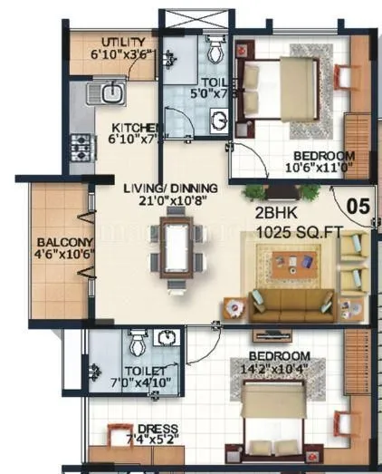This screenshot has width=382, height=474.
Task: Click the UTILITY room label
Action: (x=122, y=42)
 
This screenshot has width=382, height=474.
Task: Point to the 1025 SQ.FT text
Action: (x=300, y=233)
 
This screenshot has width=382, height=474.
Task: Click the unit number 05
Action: (x=358, y=206)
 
